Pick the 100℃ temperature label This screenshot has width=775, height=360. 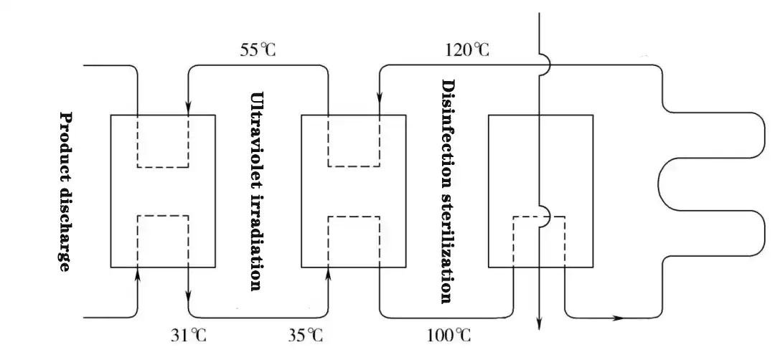point(449,335)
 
